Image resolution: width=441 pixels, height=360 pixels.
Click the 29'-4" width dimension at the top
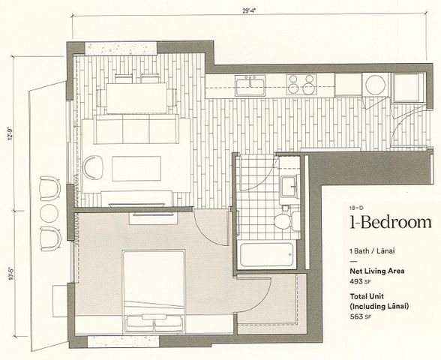[x=253, y=10]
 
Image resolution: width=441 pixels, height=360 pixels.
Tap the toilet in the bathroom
[x=283, y=220]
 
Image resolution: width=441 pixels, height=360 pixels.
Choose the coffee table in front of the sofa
[x=136, y=167]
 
